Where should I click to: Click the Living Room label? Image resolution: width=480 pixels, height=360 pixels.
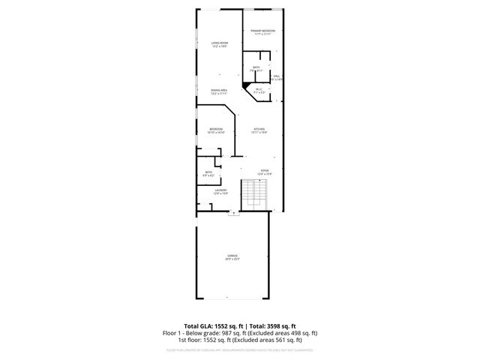point(219,43)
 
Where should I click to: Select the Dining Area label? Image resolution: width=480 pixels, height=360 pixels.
point(219,91)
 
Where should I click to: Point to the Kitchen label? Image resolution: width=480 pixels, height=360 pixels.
point(259,129)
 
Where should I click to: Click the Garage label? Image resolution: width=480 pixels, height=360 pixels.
point(232,256)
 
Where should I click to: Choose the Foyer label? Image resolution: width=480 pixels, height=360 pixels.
point(264,170)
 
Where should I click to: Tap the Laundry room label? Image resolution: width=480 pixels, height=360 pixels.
point(220,190)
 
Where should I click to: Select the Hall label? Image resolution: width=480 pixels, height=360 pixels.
point(276,76)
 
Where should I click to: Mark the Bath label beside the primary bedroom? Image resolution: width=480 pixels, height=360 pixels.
point(256,67)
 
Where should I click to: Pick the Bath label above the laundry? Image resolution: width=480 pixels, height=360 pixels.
point(208,172)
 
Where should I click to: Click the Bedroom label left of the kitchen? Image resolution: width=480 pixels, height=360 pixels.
point(216,129)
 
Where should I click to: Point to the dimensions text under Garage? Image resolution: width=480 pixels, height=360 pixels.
point(232,259)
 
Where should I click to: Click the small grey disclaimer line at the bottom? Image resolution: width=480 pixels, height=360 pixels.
point(239,349)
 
